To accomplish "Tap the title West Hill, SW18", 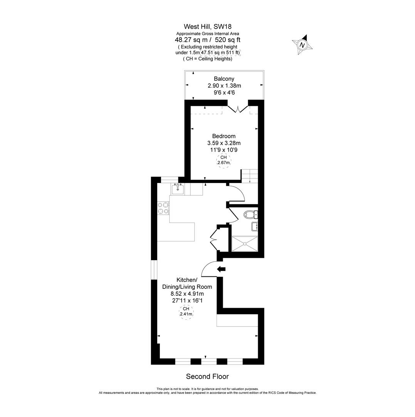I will tap(207, 27).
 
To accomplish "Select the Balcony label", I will tap(224, 79).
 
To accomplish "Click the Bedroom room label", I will tap(223, 136).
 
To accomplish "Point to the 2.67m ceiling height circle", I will tap(223, 160).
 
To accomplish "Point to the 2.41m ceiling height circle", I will tap(186, 312).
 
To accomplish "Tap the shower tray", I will tap(245, 244).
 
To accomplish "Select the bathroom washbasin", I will tap(255, 227).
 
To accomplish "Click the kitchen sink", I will tap(178, 188).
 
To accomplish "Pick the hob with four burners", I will tap(163, 208).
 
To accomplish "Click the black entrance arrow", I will tap(221, 269).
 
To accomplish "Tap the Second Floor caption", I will tap(207, 376).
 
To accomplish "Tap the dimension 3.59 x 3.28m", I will tap(223, 143).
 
